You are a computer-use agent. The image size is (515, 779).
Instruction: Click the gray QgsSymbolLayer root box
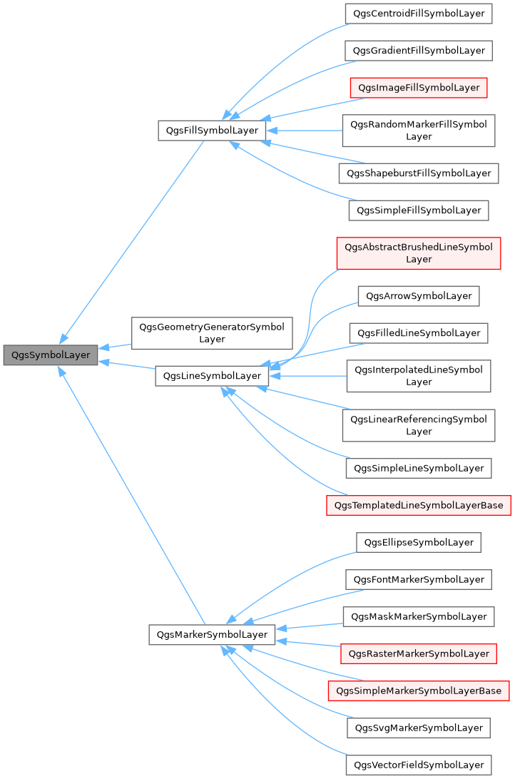click(50, 355)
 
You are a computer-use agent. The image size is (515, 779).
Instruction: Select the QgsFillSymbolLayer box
click(212, 131)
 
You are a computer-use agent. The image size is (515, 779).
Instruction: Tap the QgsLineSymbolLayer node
click(212, 376)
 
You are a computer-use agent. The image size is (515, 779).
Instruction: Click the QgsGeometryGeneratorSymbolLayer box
click(212, 333)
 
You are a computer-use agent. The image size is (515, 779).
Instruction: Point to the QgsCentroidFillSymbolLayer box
click(418, 14)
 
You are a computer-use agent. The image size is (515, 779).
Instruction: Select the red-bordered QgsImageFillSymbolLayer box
click(418, 88)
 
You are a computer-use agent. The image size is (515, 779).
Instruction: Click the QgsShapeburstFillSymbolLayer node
click(418, 173)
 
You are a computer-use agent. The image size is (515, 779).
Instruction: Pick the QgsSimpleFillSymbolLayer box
click(418, 210)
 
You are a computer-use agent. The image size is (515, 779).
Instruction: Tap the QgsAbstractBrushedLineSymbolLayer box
click(418, 253)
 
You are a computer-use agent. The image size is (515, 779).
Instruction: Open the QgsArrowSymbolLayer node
click(418, 295)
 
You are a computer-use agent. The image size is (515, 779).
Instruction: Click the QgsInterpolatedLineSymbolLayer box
click(418, 376)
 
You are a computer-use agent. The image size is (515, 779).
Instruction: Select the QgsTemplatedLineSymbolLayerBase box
click(418, 505)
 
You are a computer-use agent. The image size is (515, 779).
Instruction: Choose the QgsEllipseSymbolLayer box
click(418, 542)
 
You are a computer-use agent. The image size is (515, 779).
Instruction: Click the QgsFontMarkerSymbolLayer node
click(418, 579)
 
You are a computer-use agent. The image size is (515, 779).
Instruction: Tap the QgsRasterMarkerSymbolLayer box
click(418, 653)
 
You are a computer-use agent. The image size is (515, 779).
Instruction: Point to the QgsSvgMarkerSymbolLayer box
click(418, 728)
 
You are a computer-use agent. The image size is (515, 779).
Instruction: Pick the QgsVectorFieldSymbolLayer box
click(418, 765)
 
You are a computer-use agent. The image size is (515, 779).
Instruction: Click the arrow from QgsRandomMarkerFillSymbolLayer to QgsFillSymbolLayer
click(307, 131)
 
